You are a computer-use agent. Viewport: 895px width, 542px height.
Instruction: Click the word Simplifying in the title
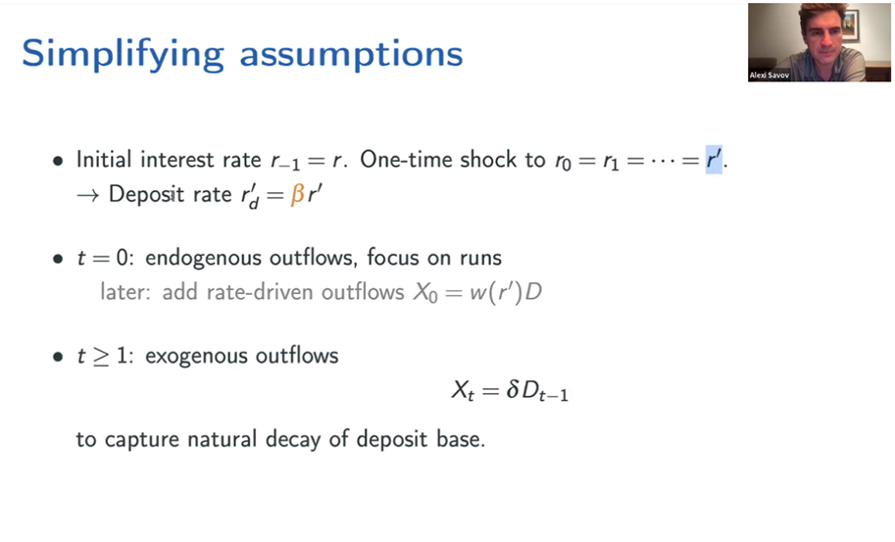point(123,55)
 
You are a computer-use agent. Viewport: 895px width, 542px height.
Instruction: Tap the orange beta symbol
point(297,195)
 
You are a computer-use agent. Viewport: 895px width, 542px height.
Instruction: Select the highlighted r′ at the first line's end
point(714,159)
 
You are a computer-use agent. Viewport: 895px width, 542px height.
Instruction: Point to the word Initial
point(104,159)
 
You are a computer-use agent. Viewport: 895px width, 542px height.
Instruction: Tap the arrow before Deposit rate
point(87,195)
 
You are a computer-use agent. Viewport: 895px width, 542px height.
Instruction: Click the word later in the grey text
point(125,292)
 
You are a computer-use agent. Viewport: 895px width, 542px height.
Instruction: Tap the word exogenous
point(196,357)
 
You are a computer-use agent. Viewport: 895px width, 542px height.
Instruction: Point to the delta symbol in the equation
point(512,390)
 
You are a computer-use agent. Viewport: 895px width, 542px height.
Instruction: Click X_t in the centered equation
point(463,391)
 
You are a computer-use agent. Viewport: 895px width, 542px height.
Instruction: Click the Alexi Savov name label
point(769,75)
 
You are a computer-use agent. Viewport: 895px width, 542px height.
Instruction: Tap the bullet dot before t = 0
point(58,260)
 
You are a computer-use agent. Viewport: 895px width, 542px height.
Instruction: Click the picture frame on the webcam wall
point(849,25)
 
